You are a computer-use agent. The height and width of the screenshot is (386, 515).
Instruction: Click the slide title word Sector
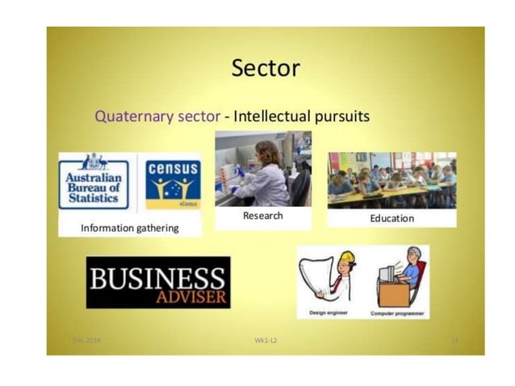point(265,68)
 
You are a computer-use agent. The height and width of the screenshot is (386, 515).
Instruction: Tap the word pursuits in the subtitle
point(340,116)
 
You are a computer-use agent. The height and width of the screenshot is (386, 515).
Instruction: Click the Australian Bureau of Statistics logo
point(94,183)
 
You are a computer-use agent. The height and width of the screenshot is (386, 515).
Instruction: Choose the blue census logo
point(173,182)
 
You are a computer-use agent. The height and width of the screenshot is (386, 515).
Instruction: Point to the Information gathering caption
point(129,229)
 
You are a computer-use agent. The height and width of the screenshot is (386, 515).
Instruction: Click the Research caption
point(262,216)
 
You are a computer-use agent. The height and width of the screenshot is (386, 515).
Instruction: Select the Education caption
point(391,218)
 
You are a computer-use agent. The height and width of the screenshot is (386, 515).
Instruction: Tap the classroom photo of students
point(391,179)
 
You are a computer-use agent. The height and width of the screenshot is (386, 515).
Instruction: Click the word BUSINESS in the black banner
point(157,279)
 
